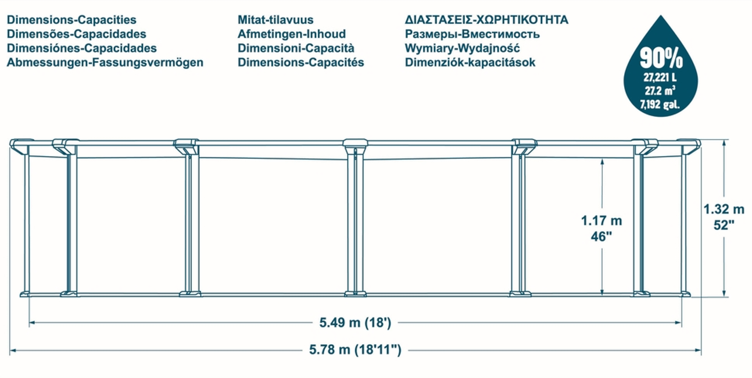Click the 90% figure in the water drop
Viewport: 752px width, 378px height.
(x=661, y=58)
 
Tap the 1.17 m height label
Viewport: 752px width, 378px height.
(x=601, y=221)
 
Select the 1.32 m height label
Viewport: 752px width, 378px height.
(x=724, y=210)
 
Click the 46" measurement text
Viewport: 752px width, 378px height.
(x=601, y=236)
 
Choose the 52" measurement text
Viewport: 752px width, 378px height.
(x=724, y=226)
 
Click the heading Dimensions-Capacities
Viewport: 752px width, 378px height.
(x=71, y=20)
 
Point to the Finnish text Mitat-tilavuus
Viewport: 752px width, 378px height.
(x=275, y=20)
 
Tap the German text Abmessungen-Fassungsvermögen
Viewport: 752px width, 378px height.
(x=105, y=63)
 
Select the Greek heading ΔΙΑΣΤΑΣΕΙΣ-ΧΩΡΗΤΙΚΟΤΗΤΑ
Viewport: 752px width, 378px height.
(x=486, y=20)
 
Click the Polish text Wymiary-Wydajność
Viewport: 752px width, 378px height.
(x=462, y=48)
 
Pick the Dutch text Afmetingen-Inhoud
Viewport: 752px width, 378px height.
(x=292, y=34)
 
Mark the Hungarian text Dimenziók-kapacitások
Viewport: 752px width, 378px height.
(x=470, y=63)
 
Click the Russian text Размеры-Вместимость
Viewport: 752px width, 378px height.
(x=472, y=34)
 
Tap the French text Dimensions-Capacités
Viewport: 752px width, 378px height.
(x=301, y=63)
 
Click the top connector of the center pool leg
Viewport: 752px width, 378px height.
(x=355, y=144)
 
